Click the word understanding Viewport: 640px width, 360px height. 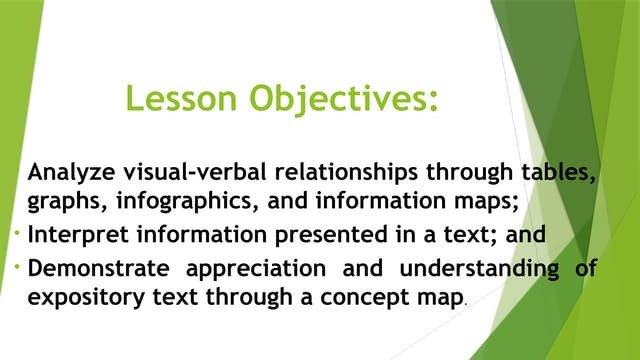(x=472, y=269)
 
